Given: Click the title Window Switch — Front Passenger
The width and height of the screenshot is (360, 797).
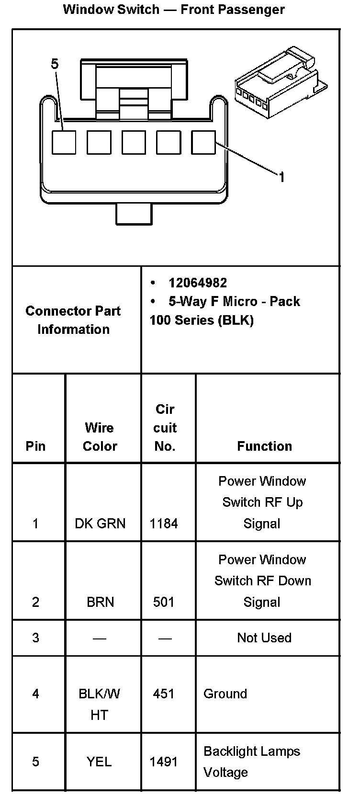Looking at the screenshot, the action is coord(174,10).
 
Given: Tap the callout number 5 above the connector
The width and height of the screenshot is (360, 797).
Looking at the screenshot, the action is coord(55,64).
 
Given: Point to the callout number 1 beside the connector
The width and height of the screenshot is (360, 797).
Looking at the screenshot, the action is coord(282,177).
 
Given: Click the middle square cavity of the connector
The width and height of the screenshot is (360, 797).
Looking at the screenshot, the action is coord(134,142).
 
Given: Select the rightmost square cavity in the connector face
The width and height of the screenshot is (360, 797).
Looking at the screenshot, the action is coord(203,142).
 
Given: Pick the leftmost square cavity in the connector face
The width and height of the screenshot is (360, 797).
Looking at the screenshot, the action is coord(64,142).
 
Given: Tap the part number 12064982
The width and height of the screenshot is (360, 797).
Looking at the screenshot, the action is coord(198,283).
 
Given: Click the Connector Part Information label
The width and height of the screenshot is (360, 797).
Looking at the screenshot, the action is coord(73,320).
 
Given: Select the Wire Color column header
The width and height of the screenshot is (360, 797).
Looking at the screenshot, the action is coord(100,436).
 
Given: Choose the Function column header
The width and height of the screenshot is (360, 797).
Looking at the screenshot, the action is coord(264,446).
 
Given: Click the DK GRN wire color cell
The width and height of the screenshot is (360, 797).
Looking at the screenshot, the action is coord(100,524).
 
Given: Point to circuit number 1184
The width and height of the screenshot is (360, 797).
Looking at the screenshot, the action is coord(164,524).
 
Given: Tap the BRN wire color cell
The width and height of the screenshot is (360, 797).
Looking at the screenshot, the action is coord(100,602).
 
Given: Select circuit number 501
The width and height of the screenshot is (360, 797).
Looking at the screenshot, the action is coord(164,602).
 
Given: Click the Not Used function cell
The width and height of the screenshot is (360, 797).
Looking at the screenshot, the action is coord(264,638).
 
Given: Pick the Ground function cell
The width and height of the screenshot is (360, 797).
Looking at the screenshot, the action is coord(225,694).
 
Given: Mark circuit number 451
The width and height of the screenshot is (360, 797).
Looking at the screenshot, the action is coord(164,694).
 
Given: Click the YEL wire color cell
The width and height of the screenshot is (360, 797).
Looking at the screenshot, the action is coord(99,762).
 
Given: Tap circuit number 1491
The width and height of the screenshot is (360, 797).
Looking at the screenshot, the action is coord(164,762).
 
